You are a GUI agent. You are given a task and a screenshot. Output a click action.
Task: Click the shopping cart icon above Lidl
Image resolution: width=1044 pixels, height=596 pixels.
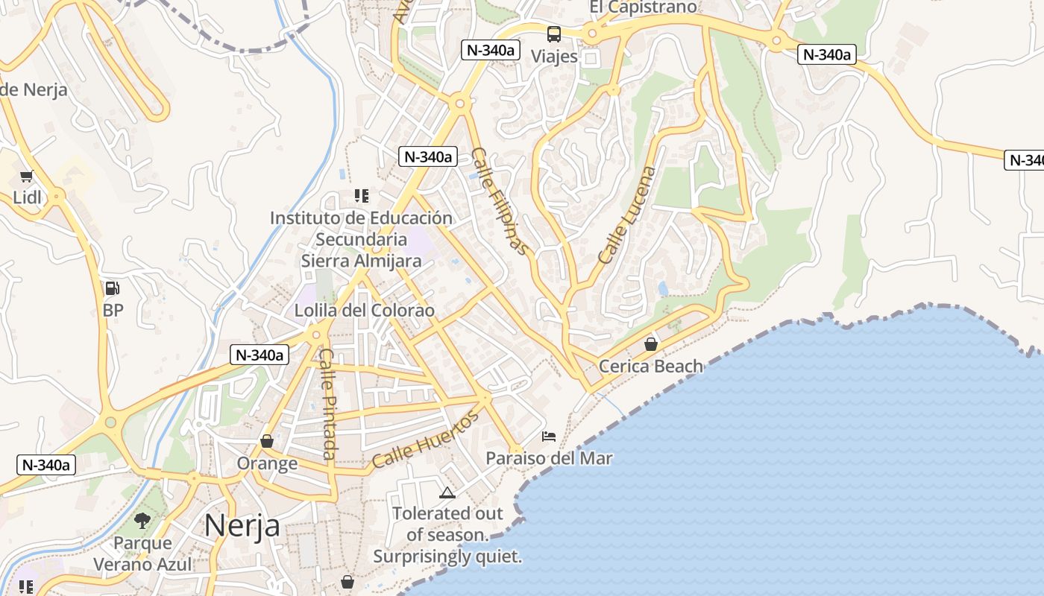coord(28,177)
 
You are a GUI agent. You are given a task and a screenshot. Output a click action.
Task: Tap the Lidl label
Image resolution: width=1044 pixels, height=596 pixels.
coord(28,197)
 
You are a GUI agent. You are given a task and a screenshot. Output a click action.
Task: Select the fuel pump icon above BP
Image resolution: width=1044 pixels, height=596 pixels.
coord(112,288)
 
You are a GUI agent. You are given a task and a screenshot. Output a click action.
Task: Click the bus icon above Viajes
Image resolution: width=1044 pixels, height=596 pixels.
coord(554,34)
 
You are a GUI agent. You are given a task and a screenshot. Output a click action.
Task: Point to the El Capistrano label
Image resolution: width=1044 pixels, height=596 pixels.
coord(643,7)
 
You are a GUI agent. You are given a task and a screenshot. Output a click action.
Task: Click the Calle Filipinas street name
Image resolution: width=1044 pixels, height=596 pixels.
coord(500,201)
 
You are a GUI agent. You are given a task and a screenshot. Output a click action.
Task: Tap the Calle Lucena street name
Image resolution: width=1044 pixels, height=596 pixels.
coord(628,215)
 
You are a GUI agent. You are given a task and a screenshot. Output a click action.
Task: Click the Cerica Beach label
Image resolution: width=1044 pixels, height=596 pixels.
coord(651,366)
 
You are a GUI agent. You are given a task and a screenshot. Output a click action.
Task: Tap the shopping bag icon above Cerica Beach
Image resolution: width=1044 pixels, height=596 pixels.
coord(651,343)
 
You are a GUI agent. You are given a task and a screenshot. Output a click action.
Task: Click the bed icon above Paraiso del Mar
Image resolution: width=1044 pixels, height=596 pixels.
coord(549,436)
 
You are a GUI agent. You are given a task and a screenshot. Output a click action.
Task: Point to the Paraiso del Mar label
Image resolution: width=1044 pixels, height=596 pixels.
coord(549,458)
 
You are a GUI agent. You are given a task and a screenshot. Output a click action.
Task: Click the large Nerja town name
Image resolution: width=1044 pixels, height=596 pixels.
coord(242,525)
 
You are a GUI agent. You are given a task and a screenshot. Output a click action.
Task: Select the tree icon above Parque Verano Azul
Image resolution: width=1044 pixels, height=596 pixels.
coord(142,521)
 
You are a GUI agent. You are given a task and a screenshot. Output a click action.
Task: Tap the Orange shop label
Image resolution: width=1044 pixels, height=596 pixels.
coord(267,463)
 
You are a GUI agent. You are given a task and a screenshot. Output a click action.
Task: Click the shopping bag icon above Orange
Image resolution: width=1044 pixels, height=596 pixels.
coord(267,441)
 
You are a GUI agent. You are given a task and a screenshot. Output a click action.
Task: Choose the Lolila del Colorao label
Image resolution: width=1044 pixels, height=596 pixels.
coord(365,311)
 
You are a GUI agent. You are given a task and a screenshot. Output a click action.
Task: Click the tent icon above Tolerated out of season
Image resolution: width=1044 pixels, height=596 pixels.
coord(447,492)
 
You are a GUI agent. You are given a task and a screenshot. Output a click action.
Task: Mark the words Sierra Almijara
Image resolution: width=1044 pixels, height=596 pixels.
coord(361,261)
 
